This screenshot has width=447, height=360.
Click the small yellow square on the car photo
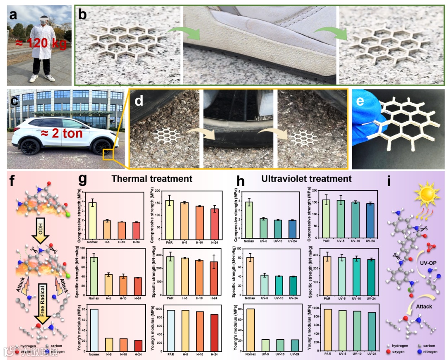[x=108, y=154]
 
